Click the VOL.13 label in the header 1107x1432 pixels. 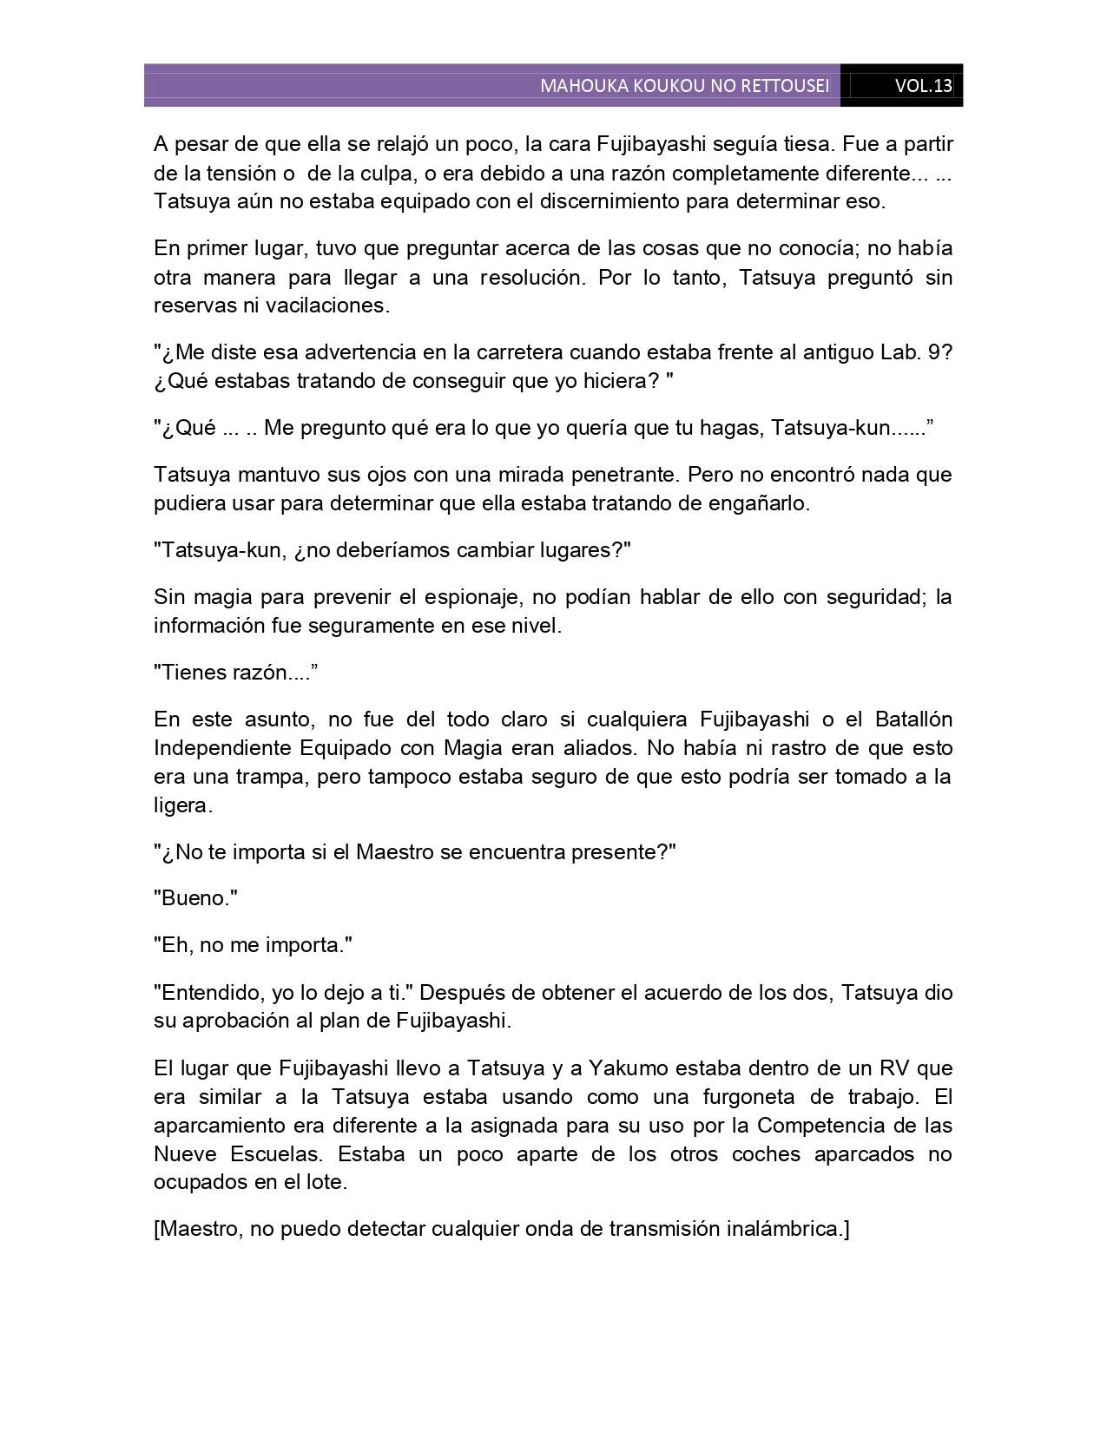pyautogui.click(x=923, y=86)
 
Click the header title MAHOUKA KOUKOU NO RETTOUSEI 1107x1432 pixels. pyautogui.click(x=684, y=86)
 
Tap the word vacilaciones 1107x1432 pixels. pyautogui.click(x=333, y=305)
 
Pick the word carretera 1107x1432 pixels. pyautogui.click(x=510, y=352)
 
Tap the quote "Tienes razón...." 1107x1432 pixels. pyautogui.click(x=235, y=673)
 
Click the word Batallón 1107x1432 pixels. pyautogui.click(x=913, y=719)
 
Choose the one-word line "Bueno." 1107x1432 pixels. pyautogui.click(x=195, y=898)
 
